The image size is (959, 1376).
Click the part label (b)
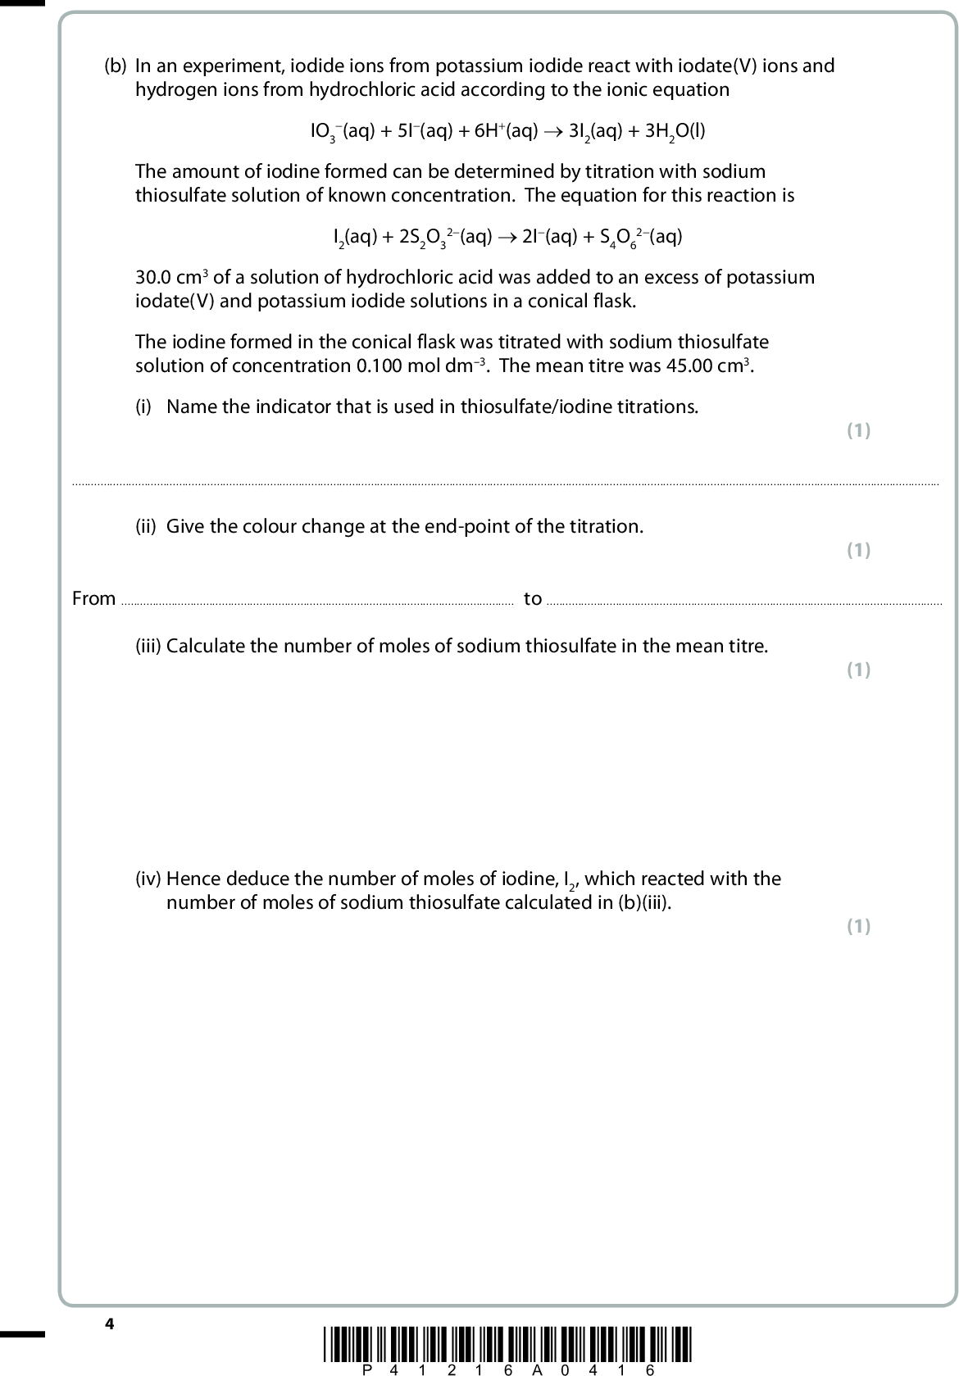pos(116,66)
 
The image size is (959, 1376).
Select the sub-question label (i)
pos(143,406)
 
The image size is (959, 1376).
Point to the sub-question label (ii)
pos(145,526)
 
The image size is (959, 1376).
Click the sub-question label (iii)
pos(148,646)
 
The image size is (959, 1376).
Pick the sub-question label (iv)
pos(148,879)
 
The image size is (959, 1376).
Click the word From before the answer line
pos(93,598)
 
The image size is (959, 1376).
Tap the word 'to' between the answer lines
pos(533,598)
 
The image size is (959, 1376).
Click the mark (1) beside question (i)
pos(858,430)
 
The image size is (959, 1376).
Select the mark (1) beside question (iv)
pos(858,926)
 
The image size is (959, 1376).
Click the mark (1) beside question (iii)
pos(858,670)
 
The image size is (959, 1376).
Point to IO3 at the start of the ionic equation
pos(325,131)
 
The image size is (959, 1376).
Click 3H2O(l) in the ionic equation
pos(675,131)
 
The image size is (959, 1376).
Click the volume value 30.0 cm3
pos(171,277)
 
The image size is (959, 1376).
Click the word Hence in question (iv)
pos(193,879)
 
